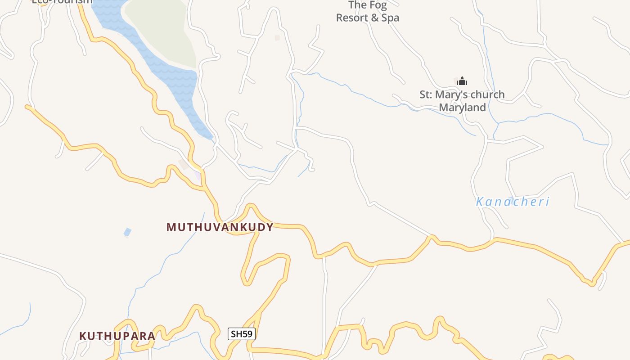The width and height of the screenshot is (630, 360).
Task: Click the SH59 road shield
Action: coord(242,334)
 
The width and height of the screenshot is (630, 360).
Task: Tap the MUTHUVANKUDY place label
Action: coord(220,227)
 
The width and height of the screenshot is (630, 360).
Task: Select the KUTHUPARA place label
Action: coord(117,336)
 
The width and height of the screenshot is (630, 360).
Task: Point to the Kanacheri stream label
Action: coord(513,202)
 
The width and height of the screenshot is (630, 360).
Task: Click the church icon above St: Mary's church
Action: coord(462,81)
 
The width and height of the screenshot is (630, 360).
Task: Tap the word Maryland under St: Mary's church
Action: coord(462,108)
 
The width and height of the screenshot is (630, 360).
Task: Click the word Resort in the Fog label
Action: coord(351,18)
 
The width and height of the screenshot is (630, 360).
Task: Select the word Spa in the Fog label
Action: coord(390,18)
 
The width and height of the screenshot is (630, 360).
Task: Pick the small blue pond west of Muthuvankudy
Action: coord(128,232)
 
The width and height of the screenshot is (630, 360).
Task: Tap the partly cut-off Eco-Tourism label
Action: coord(62,2)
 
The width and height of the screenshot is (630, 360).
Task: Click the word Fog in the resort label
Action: coord(378,5)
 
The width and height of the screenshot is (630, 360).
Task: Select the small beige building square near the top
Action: coord(277,38)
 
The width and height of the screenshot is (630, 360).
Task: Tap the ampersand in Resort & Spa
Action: coord(373,18)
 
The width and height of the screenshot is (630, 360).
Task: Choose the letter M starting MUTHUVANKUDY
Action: coord(171,227)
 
